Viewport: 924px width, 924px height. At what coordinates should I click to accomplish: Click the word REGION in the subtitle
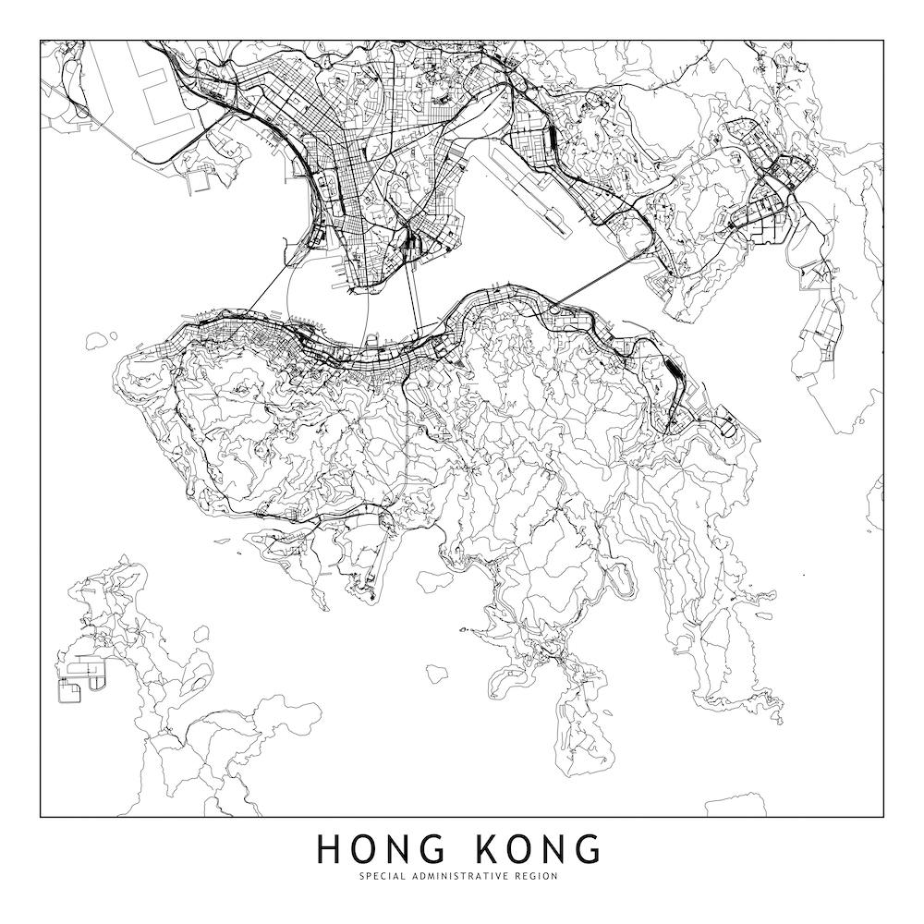point(536,876)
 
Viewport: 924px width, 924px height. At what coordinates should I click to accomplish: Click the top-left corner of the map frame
point(41,40)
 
